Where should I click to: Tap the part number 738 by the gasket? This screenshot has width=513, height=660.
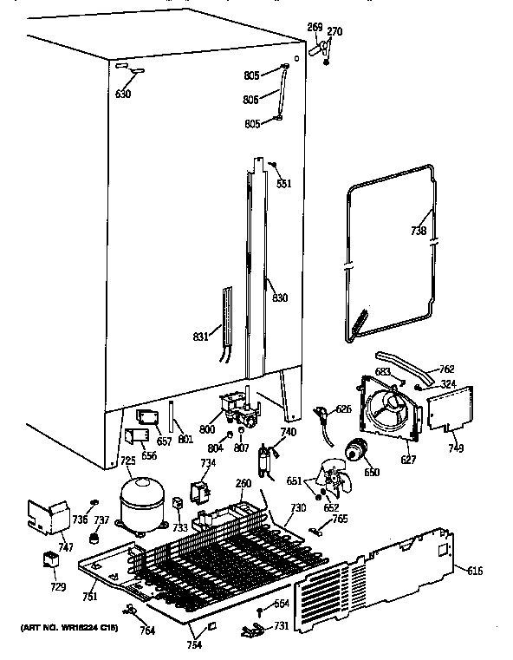coord(418,231)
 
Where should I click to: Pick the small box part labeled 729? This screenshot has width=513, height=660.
coord(51,562)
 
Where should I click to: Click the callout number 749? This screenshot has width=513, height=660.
coord(455,448)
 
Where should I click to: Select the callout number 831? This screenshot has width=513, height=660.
coord(200,337)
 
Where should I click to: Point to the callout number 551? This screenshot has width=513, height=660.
coord(282,183)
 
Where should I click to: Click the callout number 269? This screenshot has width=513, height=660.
coord(315,28)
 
